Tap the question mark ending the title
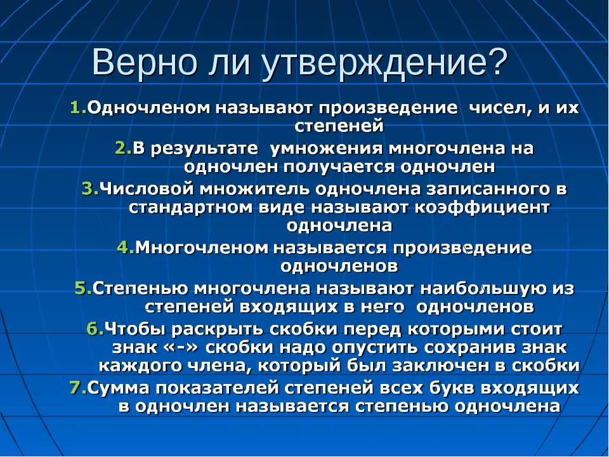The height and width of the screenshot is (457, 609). point(498,62)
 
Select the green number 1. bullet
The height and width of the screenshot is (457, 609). point(79,108)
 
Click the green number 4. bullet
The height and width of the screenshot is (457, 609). point(126,248)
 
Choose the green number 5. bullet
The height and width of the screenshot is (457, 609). point(84,288)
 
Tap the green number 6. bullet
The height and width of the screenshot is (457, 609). point(96,329)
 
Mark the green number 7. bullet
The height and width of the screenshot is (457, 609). point(79,388)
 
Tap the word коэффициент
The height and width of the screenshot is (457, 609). point(482,208)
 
